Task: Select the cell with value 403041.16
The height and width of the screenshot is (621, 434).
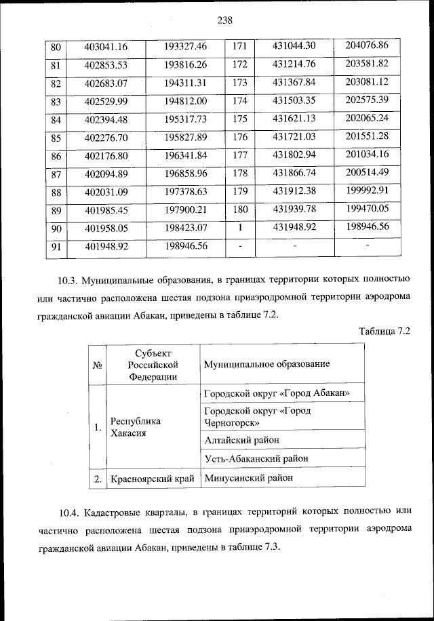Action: (x=106, y=47)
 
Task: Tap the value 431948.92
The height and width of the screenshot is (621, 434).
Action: (x=295, y=227)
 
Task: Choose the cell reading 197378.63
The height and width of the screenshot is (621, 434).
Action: (x=186, y=193)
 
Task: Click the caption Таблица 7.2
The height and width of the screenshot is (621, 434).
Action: (x=383, y=330)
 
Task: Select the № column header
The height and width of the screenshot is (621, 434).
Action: (x=97, y=365)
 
